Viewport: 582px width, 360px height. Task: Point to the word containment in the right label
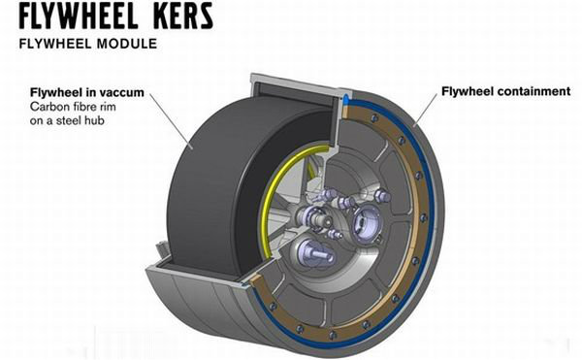[534, 91]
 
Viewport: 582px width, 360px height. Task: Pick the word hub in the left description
[94, 120]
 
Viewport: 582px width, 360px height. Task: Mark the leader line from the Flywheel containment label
[426, 110]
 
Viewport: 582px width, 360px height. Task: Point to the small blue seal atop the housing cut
[344, 99]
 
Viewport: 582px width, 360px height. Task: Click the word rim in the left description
[107, 107]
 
